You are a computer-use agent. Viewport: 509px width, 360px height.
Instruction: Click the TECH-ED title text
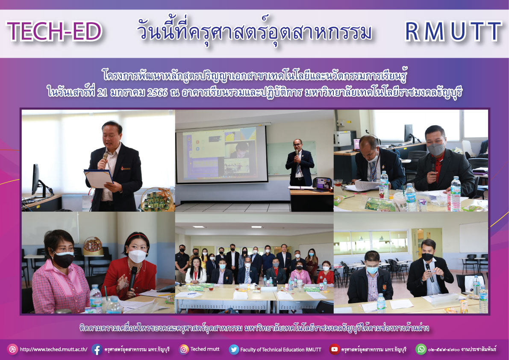55,32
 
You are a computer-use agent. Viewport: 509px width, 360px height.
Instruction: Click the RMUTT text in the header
453,32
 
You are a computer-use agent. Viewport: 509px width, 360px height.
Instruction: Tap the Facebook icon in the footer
97,349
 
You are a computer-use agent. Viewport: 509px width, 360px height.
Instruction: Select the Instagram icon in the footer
184,349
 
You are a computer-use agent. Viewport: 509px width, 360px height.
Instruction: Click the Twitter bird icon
234,349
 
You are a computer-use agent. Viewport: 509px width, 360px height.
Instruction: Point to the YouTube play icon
334,349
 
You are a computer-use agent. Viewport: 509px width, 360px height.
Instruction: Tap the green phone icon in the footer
421,349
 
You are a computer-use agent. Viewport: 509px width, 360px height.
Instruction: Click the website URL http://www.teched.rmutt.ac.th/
53,350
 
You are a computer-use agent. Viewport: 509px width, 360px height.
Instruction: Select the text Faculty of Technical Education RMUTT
280,350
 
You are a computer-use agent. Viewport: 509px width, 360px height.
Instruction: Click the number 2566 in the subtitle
157,92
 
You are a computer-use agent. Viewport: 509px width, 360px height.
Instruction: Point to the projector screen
222,154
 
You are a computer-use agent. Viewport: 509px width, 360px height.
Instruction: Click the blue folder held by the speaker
98,179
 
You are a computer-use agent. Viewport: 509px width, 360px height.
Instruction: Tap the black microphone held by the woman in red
132,278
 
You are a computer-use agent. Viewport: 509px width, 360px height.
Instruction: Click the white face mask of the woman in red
137,256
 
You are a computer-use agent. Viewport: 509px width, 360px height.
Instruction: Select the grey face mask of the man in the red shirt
436,149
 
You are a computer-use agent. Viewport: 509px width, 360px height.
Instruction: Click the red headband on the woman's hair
138,236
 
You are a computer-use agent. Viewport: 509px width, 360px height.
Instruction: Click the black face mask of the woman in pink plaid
63,260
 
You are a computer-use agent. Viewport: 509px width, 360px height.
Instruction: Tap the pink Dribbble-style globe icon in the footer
12,349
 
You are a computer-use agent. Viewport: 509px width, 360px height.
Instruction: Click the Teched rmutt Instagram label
205,349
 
